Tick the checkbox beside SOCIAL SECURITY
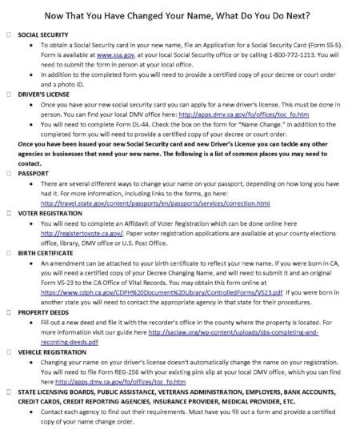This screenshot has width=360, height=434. pyautogui.click(x=8, y=37)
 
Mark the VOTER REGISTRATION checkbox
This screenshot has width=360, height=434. pyautogui.click(x=8, y=215)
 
